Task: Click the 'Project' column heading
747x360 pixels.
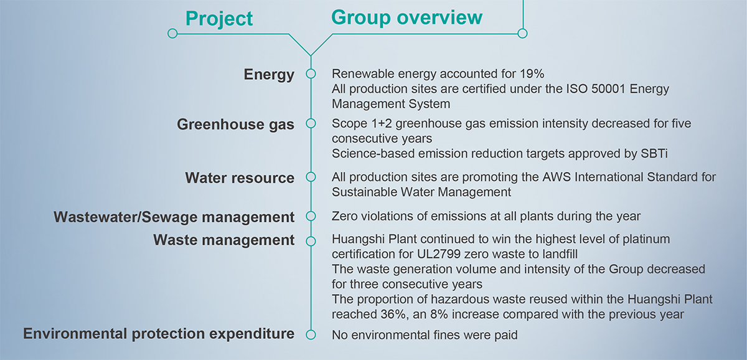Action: (219, 19)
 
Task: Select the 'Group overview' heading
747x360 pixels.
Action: (406, 17)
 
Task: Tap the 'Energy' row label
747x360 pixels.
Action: (269, 74)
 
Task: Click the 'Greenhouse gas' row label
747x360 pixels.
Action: (235, 125)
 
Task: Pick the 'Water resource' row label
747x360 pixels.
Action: (240, 178)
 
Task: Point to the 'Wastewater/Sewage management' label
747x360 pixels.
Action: (174, 217)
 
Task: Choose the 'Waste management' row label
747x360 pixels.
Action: (223, 240)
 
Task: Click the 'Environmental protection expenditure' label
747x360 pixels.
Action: (159, 334)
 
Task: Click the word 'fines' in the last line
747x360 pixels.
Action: (423, 335)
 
